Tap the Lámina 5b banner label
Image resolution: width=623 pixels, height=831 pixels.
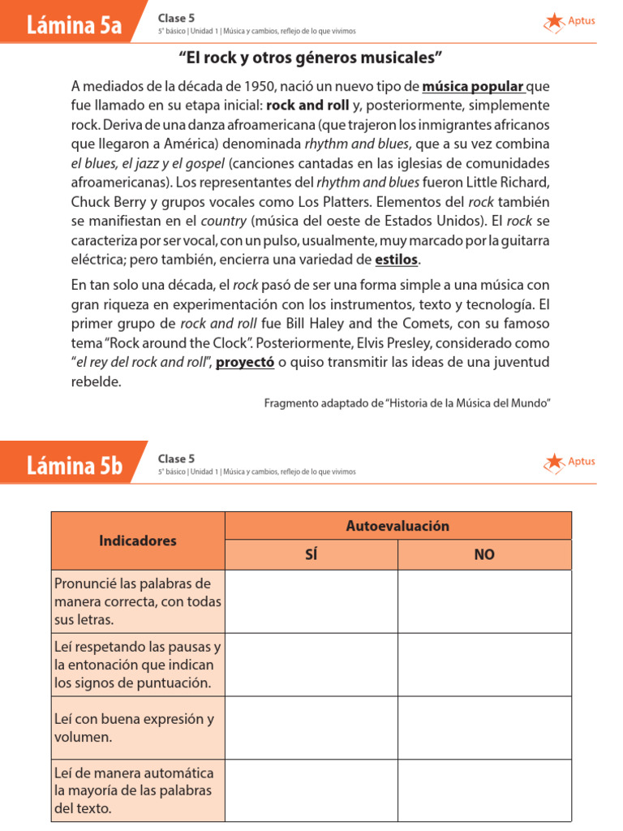(74, 466)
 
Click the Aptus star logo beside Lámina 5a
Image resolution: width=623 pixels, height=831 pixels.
(555, 22)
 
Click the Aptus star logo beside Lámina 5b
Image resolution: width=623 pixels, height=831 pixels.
(555, 463)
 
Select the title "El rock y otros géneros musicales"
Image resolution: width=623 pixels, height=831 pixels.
(311, 58)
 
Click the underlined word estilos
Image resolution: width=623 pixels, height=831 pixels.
(397, 260)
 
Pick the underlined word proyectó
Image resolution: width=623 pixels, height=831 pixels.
(245, 362)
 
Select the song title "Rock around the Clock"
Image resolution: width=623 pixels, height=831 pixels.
(168, 342)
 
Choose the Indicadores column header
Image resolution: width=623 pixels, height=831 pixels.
(138, 540)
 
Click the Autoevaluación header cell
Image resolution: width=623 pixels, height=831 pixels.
(397, 526)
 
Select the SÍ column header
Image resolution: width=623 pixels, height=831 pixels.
(311, 555)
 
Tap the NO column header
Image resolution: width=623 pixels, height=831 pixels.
(484, 555)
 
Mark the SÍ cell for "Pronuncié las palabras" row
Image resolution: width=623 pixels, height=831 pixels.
(311, 601)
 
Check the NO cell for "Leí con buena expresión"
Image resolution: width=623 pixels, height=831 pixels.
(484, 728)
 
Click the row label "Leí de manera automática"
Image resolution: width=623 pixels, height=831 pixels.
(134, 790)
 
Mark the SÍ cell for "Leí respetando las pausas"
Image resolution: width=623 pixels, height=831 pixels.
(311, 665)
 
